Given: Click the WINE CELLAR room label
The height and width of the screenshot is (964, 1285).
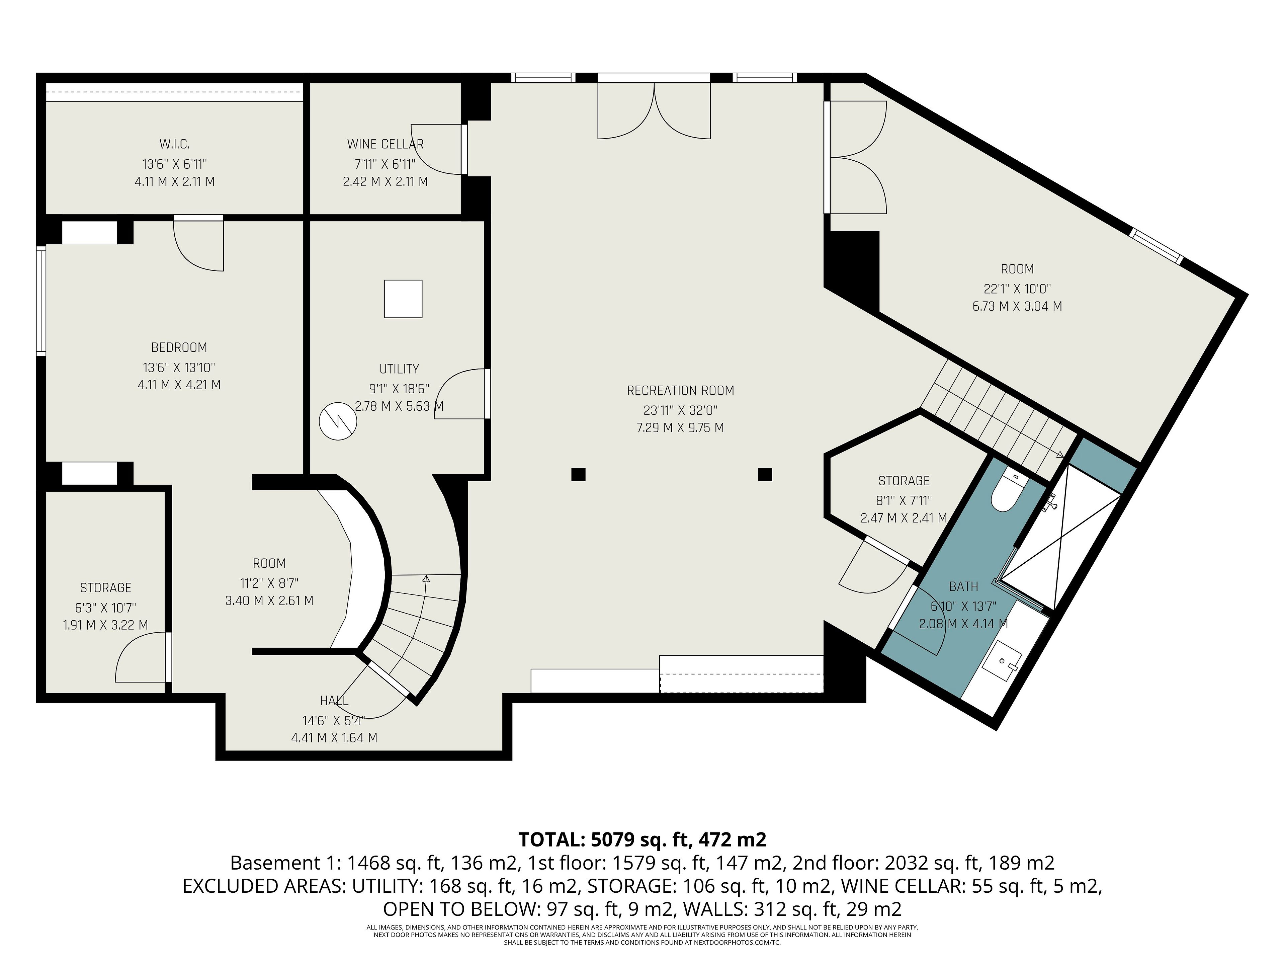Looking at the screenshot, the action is tap(385, 144).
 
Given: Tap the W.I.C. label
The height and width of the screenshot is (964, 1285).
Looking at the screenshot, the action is tap(174, 144).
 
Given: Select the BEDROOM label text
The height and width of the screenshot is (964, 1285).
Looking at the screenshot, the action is tap(179, 347).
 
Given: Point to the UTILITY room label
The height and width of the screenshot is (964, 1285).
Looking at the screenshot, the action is tap(399, 369).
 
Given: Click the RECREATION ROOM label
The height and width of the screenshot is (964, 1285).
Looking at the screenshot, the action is tap(680, 391).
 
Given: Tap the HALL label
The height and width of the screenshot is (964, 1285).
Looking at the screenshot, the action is tap(334, 701).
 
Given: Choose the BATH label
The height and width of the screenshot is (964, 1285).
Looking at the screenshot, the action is tap(963, 587).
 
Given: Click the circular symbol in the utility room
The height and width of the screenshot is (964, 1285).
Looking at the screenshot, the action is tap(338, 421).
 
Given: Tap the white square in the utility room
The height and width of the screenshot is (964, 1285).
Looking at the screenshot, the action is tap(403, 299).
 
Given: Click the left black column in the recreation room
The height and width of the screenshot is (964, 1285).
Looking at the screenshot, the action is tap(578, 475).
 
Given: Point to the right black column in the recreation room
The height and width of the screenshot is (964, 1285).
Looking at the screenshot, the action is tap(765, 475).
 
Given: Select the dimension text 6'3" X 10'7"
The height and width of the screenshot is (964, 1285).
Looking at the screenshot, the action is tap(105, 608).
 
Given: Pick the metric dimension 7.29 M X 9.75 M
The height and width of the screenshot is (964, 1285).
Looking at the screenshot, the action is tap(680, 428).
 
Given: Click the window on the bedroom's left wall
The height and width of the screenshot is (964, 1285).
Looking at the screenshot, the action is tap(41, 301).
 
